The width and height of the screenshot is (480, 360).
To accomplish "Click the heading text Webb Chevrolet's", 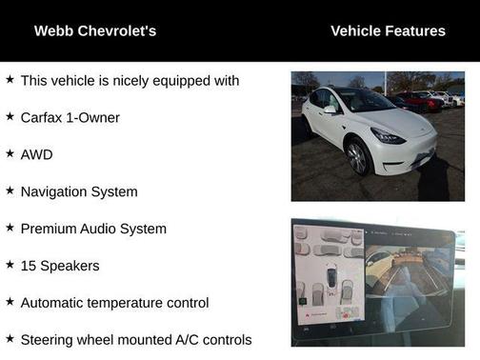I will click(95, 31).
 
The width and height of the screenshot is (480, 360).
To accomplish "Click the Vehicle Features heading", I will click(388, 31).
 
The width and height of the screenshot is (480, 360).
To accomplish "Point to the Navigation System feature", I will click(79, 191).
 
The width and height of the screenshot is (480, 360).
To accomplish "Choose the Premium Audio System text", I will click(93, 229).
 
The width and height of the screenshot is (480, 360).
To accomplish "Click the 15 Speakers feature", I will click(60, 266).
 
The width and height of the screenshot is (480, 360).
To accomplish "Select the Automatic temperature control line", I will click(114, 303).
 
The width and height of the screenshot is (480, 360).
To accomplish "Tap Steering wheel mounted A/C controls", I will click(136, 340).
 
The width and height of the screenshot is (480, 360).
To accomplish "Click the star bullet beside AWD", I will click(10, 153).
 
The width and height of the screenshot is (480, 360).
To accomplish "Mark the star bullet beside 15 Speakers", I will click(10, 265).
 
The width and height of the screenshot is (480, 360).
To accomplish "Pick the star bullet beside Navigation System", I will click(10, 190).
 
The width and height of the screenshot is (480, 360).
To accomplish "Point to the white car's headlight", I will click(389, 137).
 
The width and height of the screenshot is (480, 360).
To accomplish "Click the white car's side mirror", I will click(330, 110).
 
